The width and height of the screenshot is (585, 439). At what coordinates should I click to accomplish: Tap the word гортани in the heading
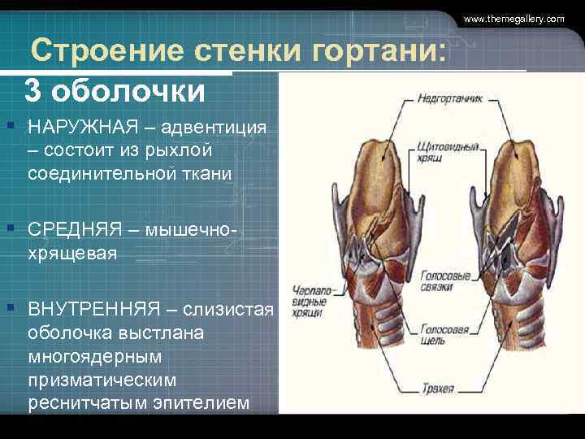(378, 54)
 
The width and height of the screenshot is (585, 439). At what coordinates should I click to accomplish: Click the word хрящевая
(72, 253)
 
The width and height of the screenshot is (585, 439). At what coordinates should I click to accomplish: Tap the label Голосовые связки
(445, 282)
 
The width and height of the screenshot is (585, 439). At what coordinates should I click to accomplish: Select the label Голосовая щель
(444, 337)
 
